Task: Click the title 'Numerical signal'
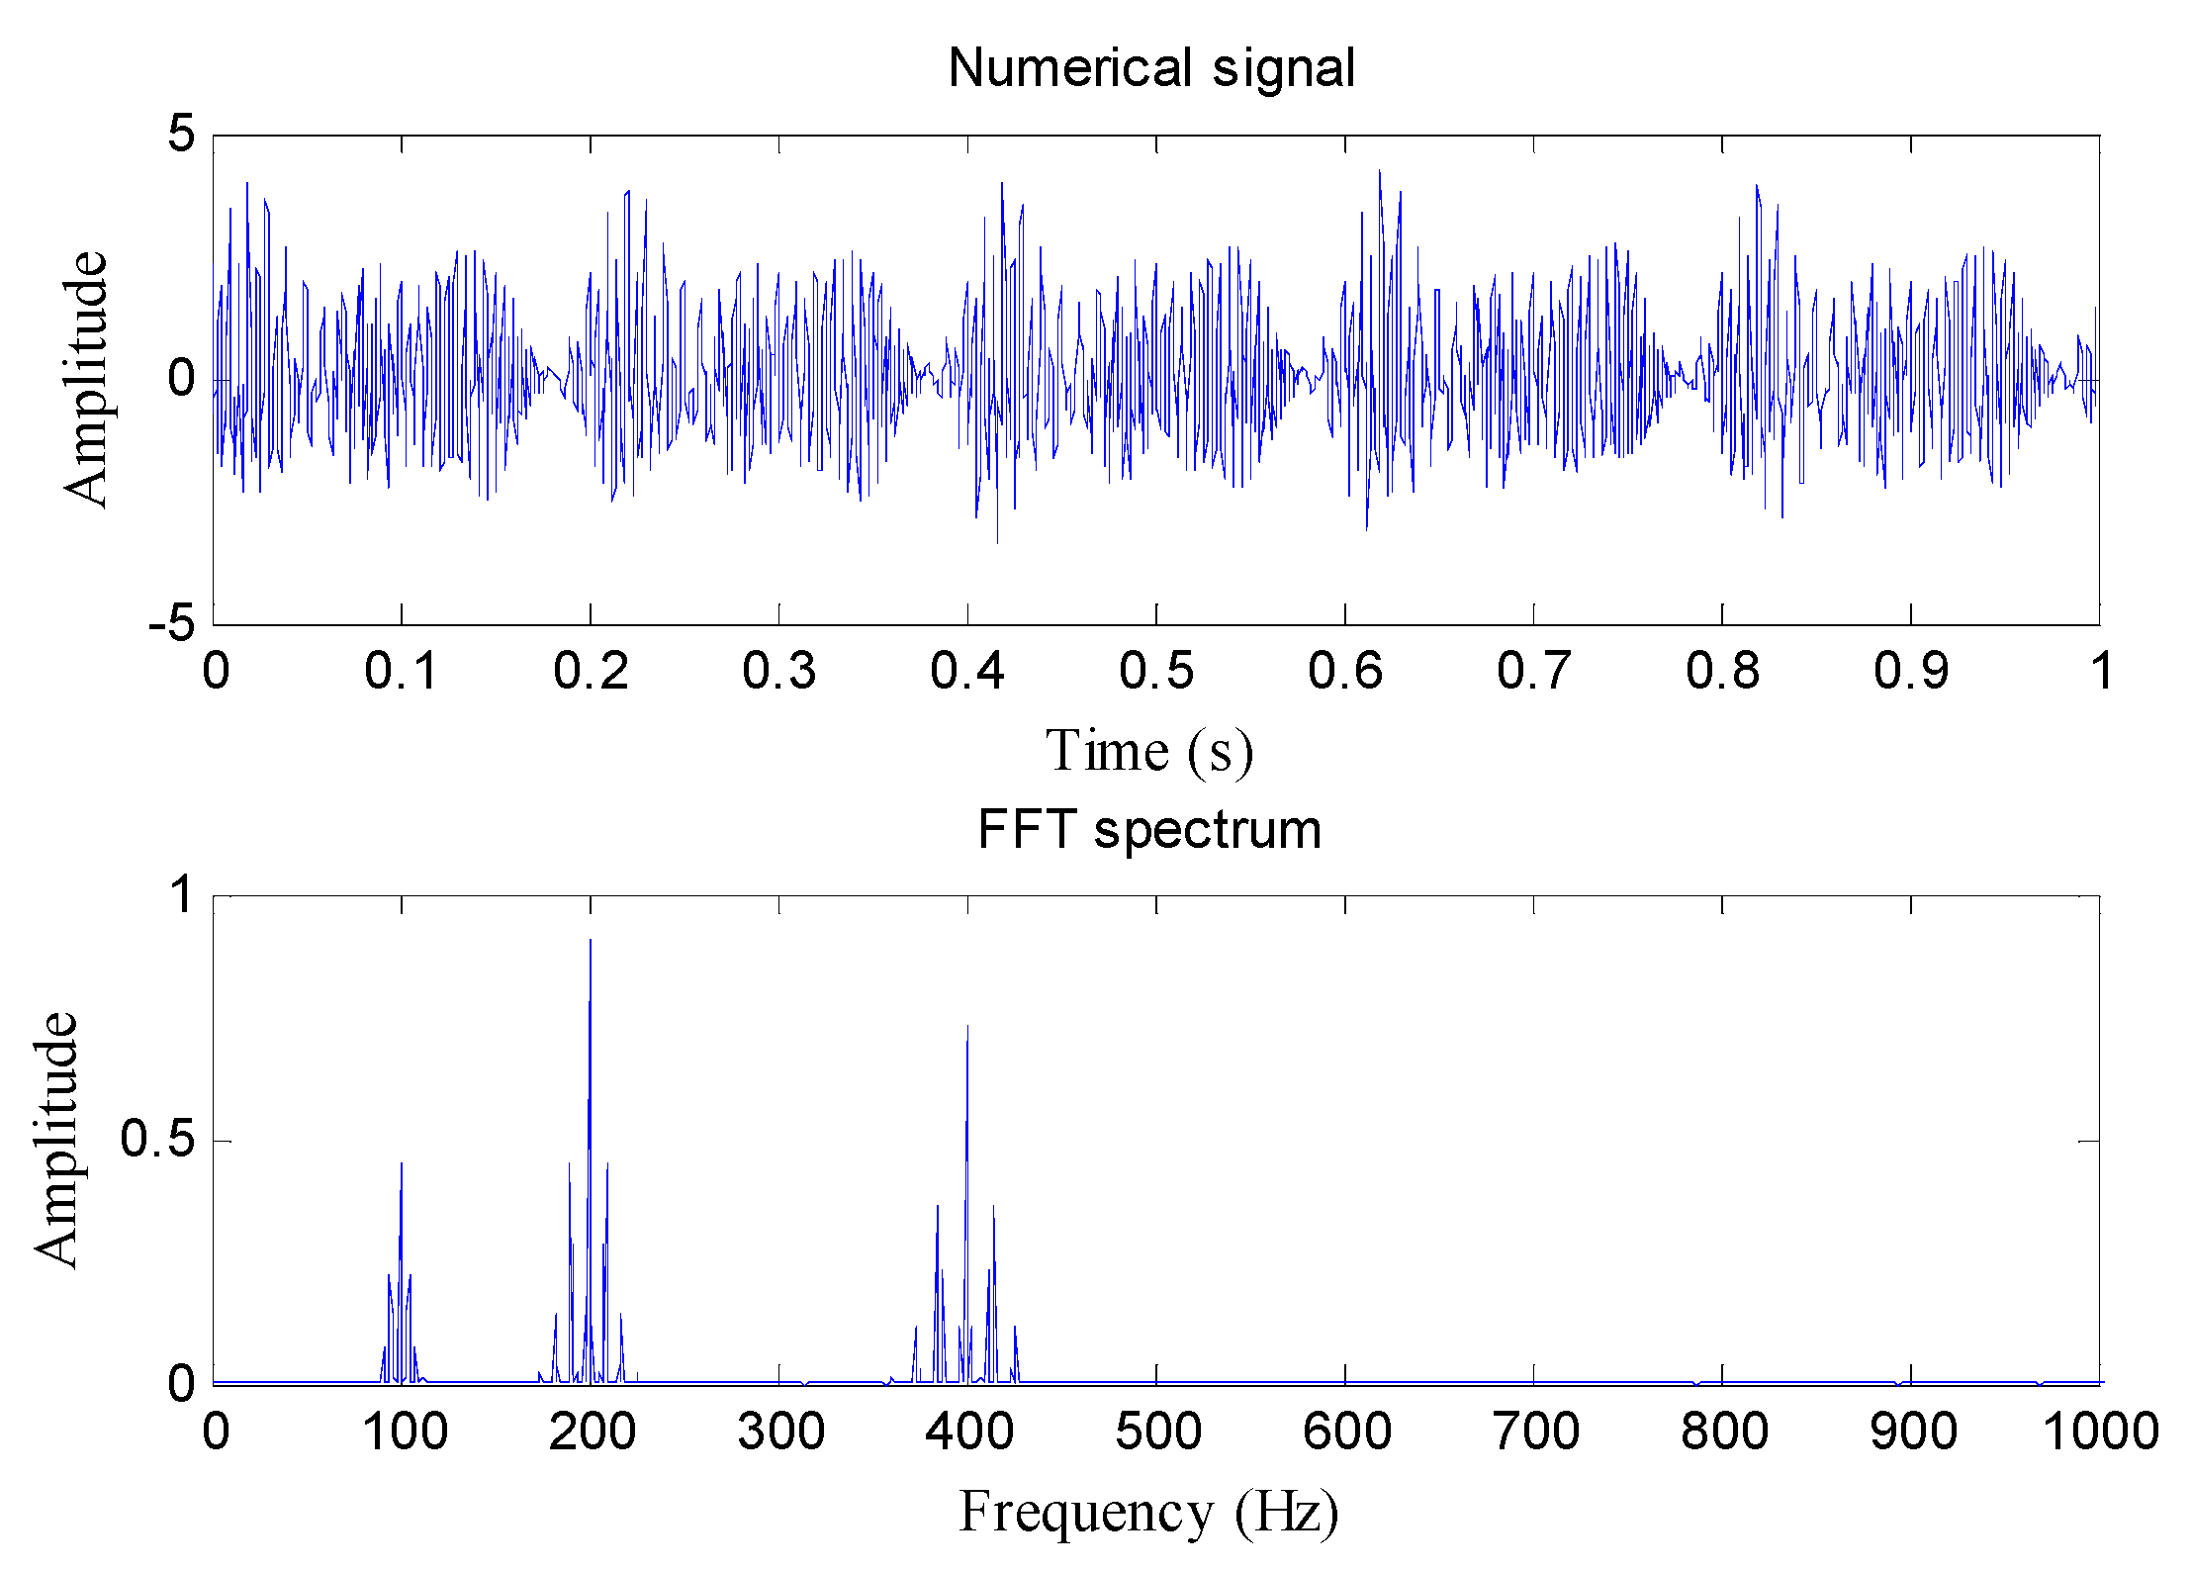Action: pyautogui.click(x=1150, y=68)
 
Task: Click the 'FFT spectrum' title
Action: pyautogui.click(x=1148, y=829)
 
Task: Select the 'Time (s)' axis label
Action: pyautogui.click(x=1149, y=751)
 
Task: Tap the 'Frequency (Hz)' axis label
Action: pyautogui.click(x=1148, y=1512)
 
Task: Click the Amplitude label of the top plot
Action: pyautogui.click(x=85, y=379)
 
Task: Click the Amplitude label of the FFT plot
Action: pyautogui.click(x=55, y=1140)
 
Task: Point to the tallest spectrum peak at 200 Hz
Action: pyautogui.click(x=591, y=941)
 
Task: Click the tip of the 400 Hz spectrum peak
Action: pyautogui.click(x=967, y=1027)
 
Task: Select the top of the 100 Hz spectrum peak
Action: pyautogui.click(x=402, y=1164)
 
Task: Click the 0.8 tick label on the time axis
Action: pyautogui.click(x=1722, y=671)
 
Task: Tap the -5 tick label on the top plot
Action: pyautogui.click(x=172, y=623)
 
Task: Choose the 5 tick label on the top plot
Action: pyautogui.click(x=182, y=134)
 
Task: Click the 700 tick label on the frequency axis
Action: pyautogui.click(x=1535, y=1432)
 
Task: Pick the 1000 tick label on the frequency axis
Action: pyautogui.click(x=2100, y=1432)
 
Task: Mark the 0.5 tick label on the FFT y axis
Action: pyautogui.click(x=157, y=1140)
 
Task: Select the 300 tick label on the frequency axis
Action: pyautogui.click(x=780, y=1432)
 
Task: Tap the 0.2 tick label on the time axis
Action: pyautogui.click(x=591, y=671)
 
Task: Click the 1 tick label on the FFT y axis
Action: pyautogui.click(x=182, y=895)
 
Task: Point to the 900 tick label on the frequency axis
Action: pyautogui.click(x=1912, y=1432)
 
